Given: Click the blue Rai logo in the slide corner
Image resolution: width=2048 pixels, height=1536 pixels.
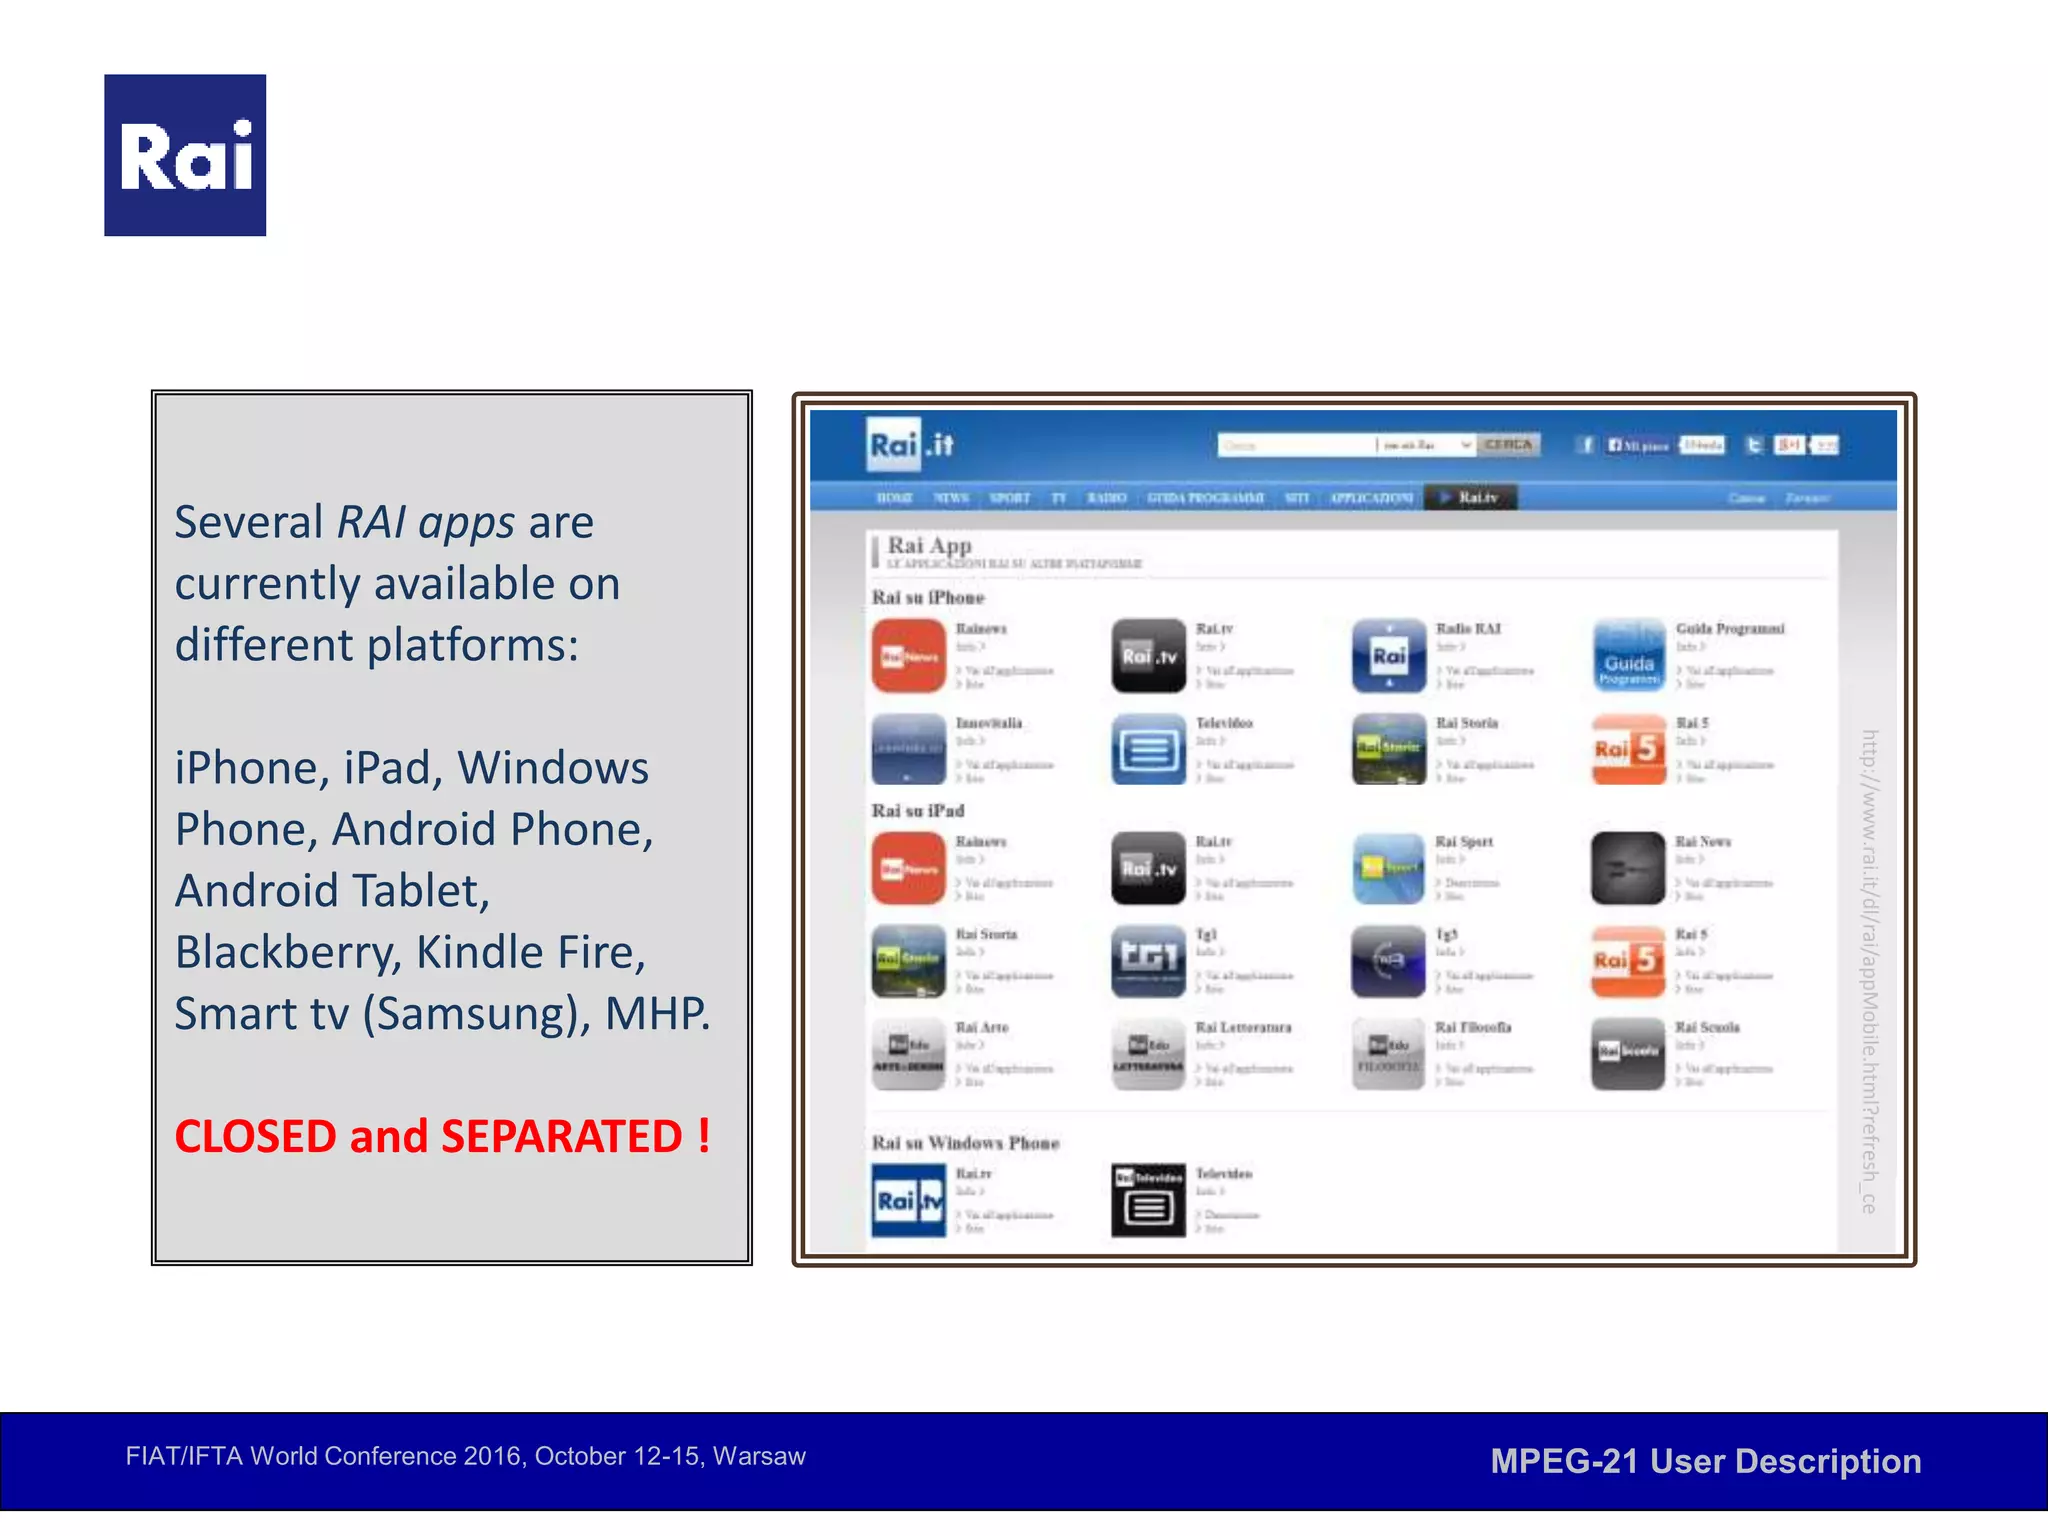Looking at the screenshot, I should (185, 155).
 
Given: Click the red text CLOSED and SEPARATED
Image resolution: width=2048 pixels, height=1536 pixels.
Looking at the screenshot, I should (442, 1137).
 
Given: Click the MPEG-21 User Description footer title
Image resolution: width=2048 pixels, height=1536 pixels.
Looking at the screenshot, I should (1705, 1461).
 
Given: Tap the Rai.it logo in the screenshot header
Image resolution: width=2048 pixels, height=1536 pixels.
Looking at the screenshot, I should (910, 445).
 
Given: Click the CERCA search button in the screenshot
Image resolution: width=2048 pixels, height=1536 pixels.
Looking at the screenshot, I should (1508, 445).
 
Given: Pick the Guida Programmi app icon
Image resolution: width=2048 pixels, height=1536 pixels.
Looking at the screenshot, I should (1628, 656).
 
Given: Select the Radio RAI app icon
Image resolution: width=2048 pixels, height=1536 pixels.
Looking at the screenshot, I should (1388, 656).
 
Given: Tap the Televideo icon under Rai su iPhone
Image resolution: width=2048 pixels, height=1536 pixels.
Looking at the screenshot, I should (1148, 749).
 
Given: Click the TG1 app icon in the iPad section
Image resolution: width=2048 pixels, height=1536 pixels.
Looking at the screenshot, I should (1148, 961).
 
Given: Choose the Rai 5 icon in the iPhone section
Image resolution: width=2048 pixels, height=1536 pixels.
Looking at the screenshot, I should (1628, 749).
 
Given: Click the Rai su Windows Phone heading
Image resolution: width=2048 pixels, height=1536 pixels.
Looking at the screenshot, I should (965, 1143).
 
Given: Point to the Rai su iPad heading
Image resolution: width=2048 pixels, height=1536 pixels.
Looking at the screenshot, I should (918, 811).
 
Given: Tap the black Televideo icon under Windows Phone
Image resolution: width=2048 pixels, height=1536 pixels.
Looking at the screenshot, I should (1148, 1200).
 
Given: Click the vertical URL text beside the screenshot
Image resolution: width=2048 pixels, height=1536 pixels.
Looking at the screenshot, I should (1868, 970).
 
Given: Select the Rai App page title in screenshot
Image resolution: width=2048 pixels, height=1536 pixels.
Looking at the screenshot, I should (929, 546).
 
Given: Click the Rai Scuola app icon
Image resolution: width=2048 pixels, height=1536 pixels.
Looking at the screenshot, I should (1628, 1054).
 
